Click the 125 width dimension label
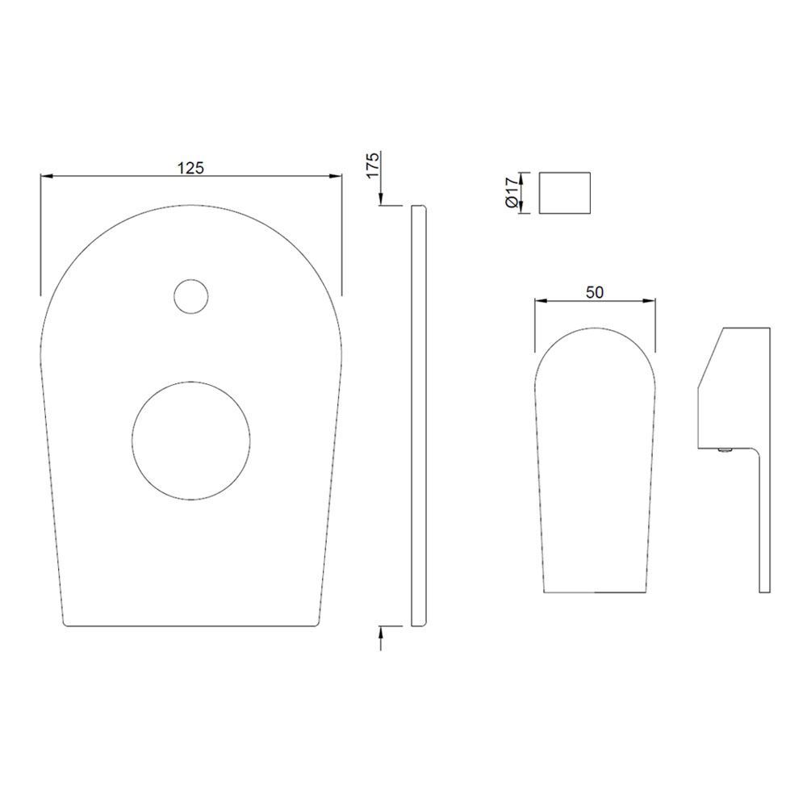point(191,168)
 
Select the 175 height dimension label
point(373,165)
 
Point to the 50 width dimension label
point(595,292)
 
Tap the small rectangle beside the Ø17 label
point(564,193)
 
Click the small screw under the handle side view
point(725,450)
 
